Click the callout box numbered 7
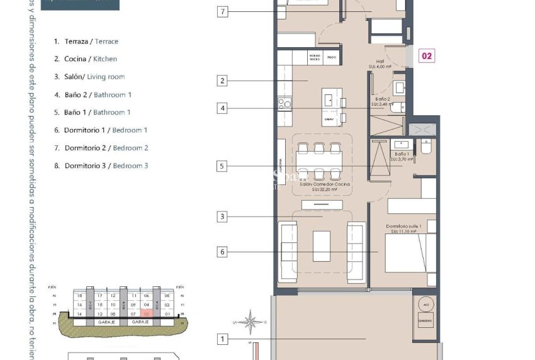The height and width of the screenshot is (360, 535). pos(222,11)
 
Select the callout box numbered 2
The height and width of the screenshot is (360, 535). pos(222,81)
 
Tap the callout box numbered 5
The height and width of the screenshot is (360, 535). pos(222,166)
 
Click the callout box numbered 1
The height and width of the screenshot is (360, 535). pos(222,339)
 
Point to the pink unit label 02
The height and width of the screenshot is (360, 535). pos(426,56)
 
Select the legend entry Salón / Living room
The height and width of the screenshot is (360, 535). pos(94,77)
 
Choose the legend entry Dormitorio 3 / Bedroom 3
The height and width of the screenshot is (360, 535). pos(106,166)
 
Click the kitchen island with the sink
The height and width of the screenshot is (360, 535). pos(331,107)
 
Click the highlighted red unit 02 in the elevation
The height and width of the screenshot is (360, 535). pos(147,313)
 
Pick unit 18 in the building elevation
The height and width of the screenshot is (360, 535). pos(79,295)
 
